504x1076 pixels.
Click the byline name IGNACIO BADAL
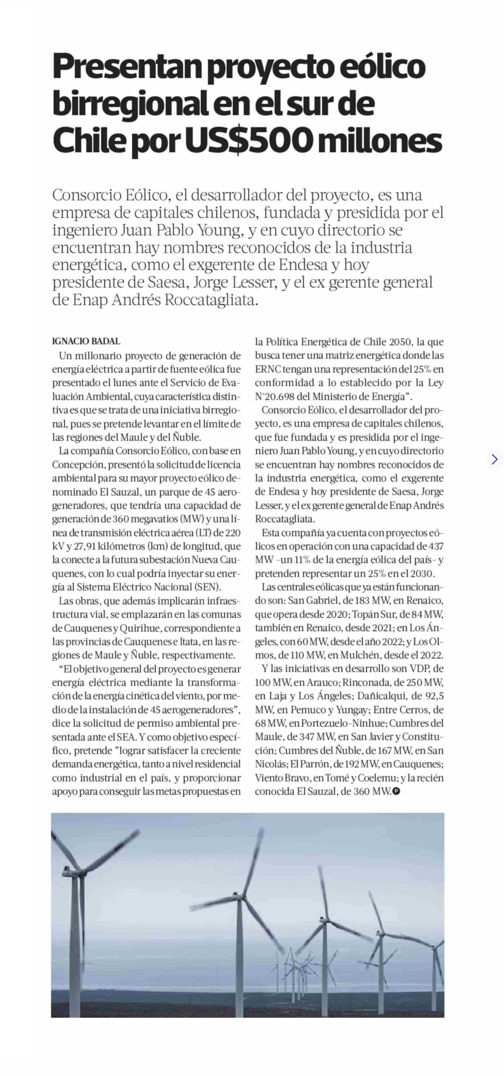coord(86,341)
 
